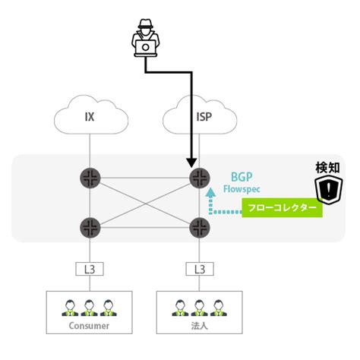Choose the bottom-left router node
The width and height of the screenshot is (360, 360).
(90, 226)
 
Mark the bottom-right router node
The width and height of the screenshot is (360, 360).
(200, 226)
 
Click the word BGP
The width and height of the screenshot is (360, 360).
(242, 176)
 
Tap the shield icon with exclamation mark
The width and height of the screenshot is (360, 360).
(329, 189)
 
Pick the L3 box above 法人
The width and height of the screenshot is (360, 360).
(200, 268)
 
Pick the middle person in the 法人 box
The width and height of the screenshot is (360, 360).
(200, 307)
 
